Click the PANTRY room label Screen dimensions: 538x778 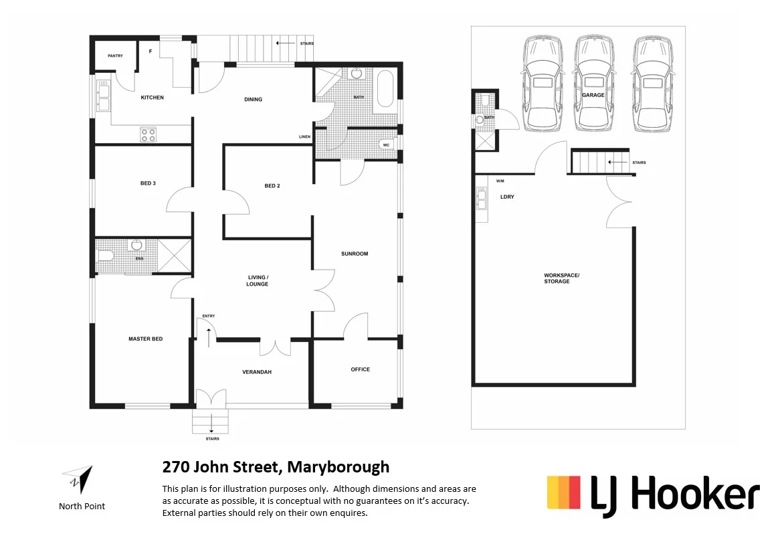(x=115, y=56)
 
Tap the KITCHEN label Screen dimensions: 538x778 (x=152, y=98)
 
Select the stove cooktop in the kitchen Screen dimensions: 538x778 (x=148, y=134)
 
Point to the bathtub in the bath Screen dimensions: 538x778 (x=385, y=90)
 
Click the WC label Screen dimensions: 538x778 (x=386, y=145)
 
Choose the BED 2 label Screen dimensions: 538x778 (x=272, y=186)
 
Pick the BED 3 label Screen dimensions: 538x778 (x=148, y=183)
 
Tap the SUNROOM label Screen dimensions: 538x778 (x=355, y=254)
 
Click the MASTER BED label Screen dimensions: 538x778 (x=145, y=339)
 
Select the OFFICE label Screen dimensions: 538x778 (x=360, y=369)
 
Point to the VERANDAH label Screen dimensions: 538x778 (x=257, y=372)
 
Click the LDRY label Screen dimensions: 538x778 (x=507, y=197)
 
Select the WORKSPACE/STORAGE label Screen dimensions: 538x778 (x=557, y=278)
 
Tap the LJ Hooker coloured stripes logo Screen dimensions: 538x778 (x=563, y=492)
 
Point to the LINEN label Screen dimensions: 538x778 (x=304, y=137)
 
